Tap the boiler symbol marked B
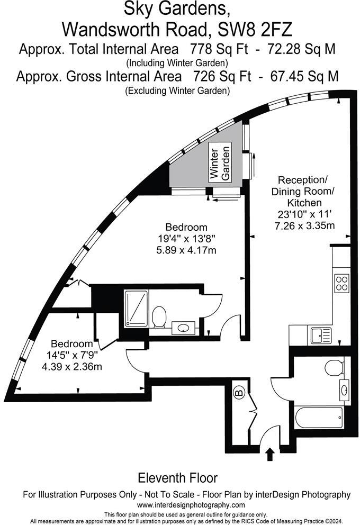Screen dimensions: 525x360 pyautogui.click(x=238, y=393)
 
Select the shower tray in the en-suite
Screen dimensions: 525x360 pyautogui.click(x=137, y=309)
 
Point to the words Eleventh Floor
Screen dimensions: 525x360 pyautogui.click(x=177, y=478)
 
